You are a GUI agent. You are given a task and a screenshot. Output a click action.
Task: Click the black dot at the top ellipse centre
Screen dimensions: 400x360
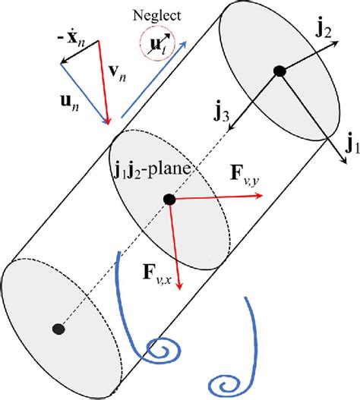pyautogui.click(x=279, y=71)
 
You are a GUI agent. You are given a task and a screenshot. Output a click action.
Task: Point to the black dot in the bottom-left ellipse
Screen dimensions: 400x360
pyautogui.click(x=58, y=328)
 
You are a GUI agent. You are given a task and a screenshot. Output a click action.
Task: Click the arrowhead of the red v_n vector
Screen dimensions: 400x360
pyautogui.click(x=109, y=121)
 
